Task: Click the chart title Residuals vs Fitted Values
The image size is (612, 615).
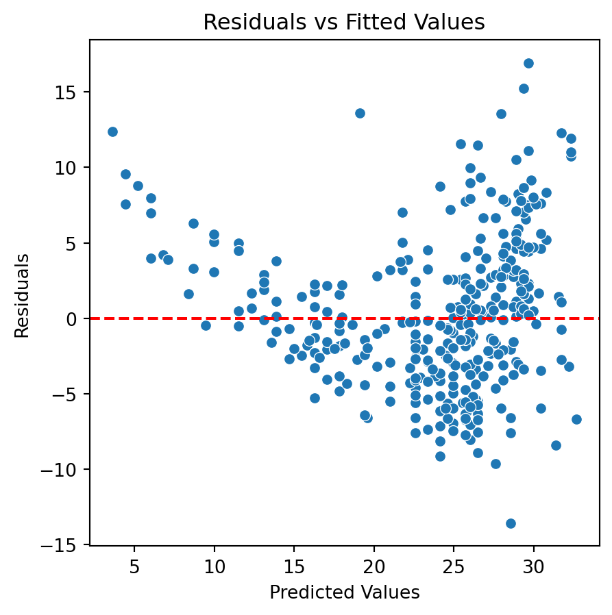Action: pyautogui.click(x=344, y=23)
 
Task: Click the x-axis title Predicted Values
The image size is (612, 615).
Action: pyautogui.click(x=344, y=592)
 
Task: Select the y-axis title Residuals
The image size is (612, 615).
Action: pyautogui.click(x=23, y=295)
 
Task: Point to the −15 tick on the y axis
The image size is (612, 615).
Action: pyautogui.click(x=67, y=545)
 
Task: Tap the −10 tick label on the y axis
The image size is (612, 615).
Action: pyautogui.click(x=67, y=470)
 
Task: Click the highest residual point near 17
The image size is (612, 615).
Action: pyautogui.click(x=528, y=63)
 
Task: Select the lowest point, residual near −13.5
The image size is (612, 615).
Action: pyautogui.click(x=511, y=523)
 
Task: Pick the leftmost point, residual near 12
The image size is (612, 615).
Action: pyautogui.click(x=112, y=131)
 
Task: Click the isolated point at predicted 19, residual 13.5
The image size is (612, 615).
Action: pyautogui.click(x=360, y=113)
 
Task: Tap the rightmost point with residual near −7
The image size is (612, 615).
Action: pyautogui.click(x=576, y=419)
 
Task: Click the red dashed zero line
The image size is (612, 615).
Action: pyautogui.click(x=206, y=318)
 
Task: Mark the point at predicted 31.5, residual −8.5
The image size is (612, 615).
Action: pyautogui.click(x=556, y=445)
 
